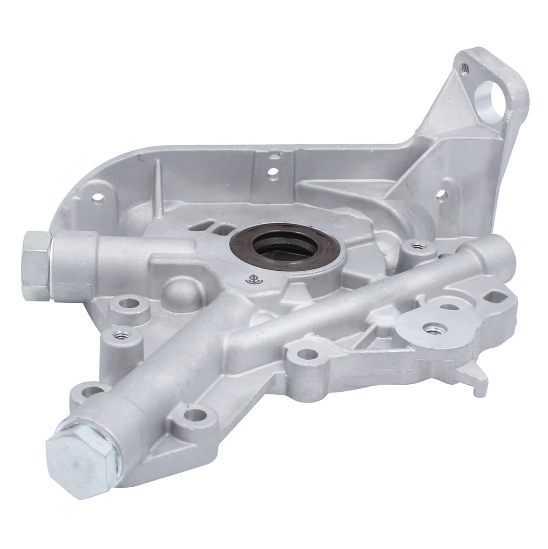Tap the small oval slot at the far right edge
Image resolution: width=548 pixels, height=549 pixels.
tap(493, 299)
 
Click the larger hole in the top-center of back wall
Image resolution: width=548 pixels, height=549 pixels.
tap(273, 172)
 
